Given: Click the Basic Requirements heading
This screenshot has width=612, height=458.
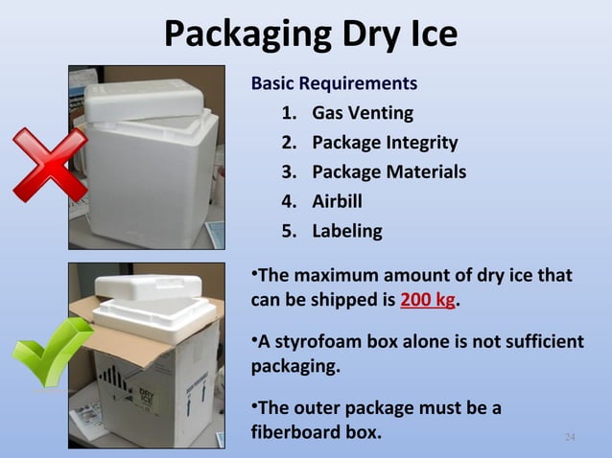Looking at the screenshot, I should (x=333, y=83).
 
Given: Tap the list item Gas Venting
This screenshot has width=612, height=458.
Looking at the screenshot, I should (x=362, y=113).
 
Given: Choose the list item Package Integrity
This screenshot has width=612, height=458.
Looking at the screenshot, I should (x=384, y=143).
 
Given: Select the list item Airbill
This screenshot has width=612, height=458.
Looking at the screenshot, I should (x=337, y=201).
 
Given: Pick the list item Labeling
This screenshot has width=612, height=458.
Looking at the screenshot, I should (x=346, y=231).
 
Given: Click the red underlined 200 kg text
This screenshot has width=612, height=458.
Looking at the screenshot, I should (x=428, y=300).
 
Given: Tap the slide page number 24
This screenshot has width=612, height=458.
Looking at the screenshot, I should (x=570, y=438).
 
